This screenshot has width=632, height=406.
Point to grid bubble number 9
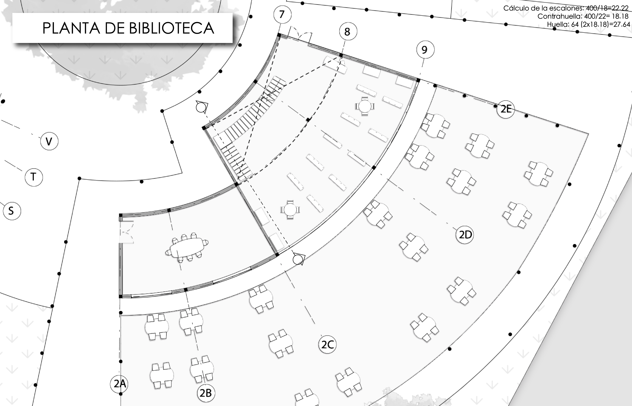coord(425,50)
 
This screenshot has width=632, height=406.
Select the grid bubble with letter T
coord(33,177)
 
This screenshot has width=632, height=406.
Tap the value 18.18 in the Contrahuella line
coord(620,16)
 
